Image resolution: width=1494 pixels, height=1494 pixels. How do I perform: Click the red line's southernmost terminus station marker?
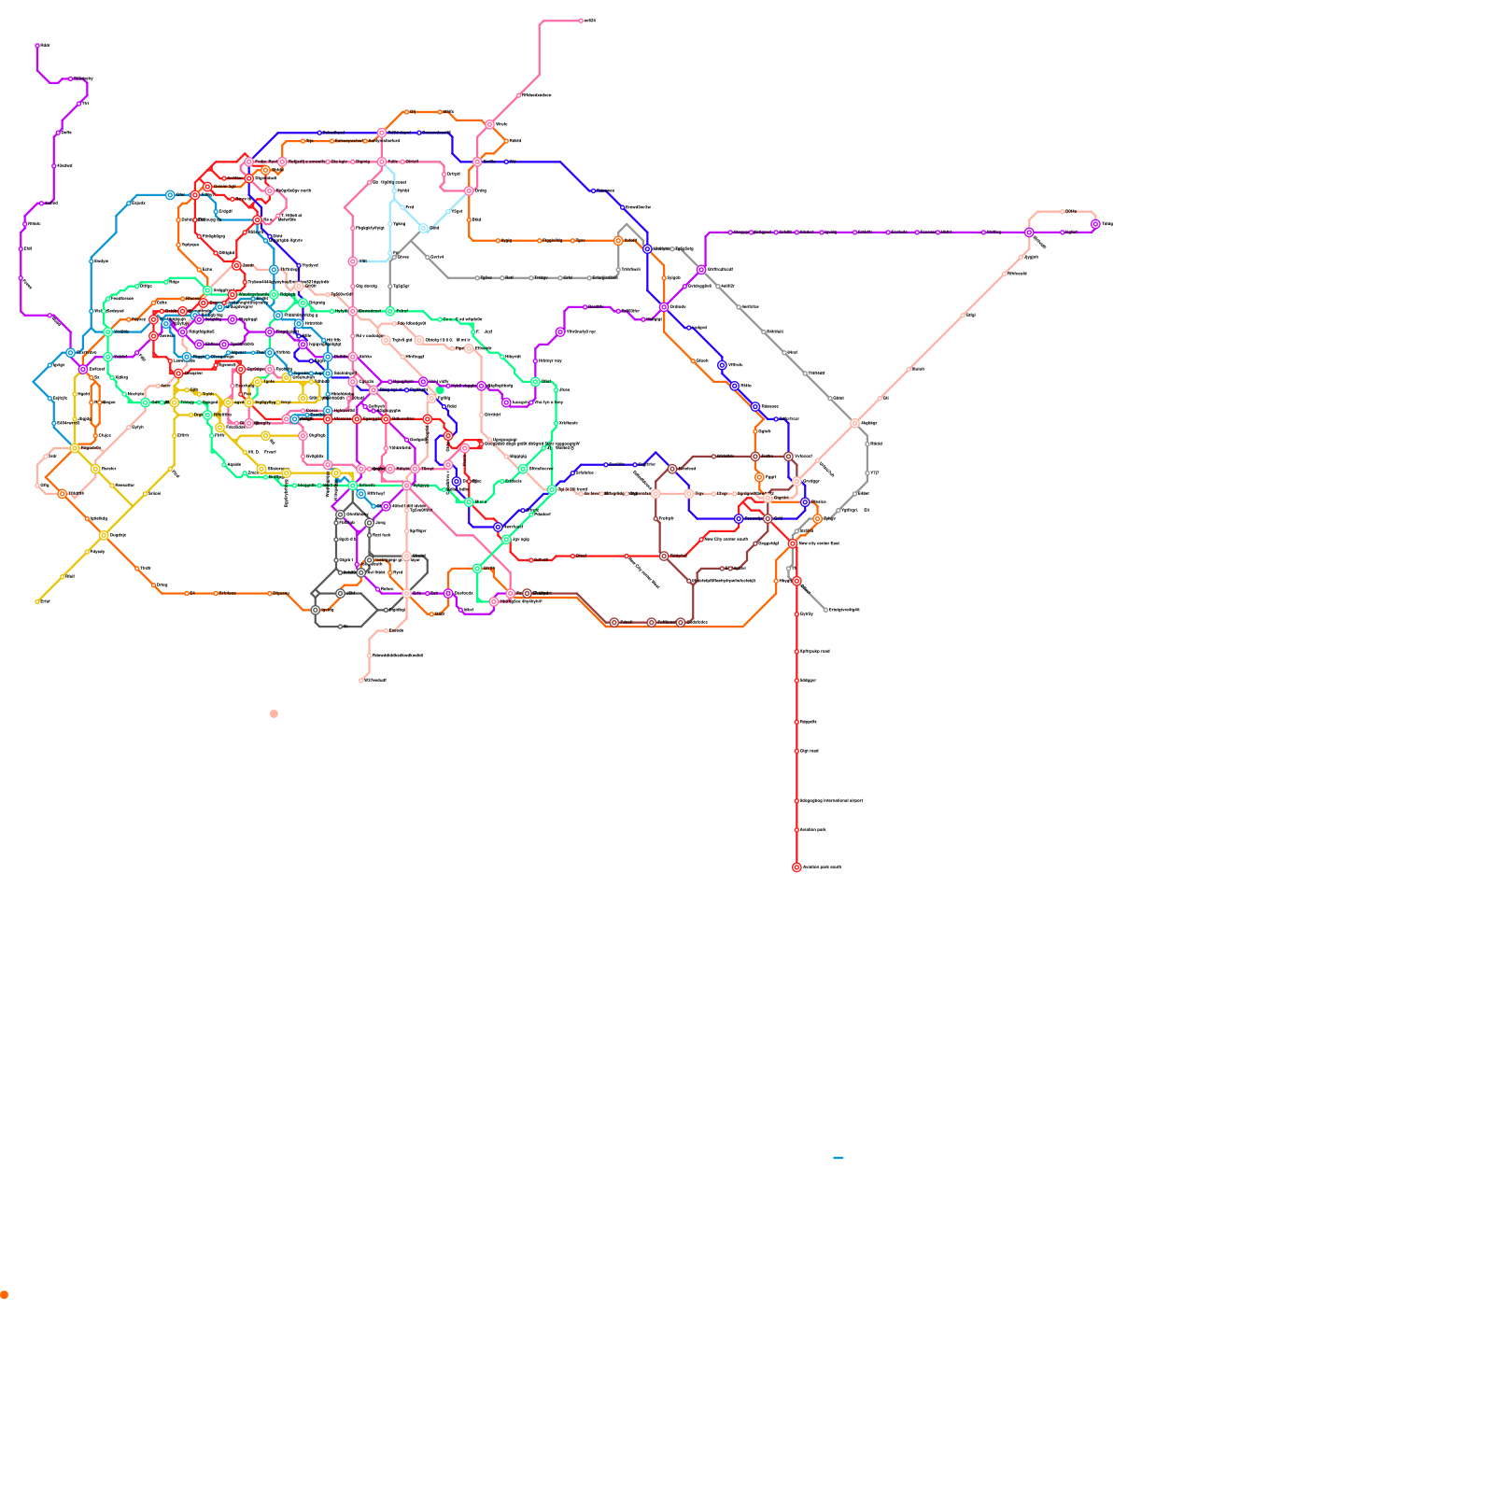(x=796, y=867)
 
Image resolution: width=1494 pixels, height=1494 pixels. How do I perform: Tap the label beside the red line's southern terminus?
(x=823, y=867)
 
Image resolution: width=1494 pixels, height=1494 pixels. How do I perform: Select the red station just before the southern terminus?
(x=796, y=830)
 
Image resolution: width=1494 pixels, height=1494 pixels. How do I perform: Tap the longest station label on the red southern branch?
(x=831, y=801)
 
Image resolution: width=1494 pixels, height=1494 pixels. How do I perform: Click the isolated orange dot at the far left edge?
(x=5, y=1295)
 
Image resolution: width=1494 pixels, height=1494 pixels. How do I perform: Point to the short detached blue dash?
(x=839, y=1158)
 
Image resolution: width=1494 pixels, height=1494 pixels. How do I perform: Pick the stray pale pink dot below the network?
(x=274, y=714)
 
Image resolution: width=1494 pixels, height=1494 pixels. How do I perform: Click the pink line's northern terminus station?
(x=581, y=21)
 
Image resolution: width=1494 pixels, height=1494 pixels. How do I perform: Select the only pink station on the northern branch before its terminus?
(x=519, y=95)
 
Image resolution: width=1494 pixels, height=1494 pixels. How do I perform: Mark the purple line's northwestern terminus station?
(x=37, y=45)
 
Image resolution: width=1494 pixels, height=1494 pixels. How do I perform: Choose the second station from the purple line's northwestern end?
(x=71, y=79)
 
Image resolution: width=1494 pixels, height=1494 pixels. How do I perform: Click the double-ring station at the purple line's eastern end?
(x=1095, y=224)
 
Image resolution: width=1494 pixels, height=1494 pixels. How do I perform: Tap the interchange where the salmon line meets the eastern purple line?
(x=1029, y=233)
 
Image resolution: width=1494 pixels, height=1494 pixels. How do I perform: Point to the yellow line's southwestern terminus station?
(x=37, y=601)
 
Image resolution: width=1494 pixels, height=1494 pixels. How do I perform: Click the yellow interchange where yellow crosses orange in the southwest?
(x=104, y=535)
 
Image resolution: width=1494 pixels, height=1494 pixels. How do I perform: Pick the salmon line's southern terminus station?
(x=361, y=680)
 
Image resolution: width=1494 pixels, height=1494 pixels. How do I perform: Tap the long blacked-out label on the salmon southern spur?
(x=398, y=655)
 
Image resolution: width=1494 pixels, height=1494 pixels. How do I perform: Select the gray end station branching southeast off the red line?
(x=825, y=610)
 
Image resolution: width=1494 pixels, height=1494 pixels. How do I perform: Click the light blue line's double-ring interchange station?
(x=424, y=228)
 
